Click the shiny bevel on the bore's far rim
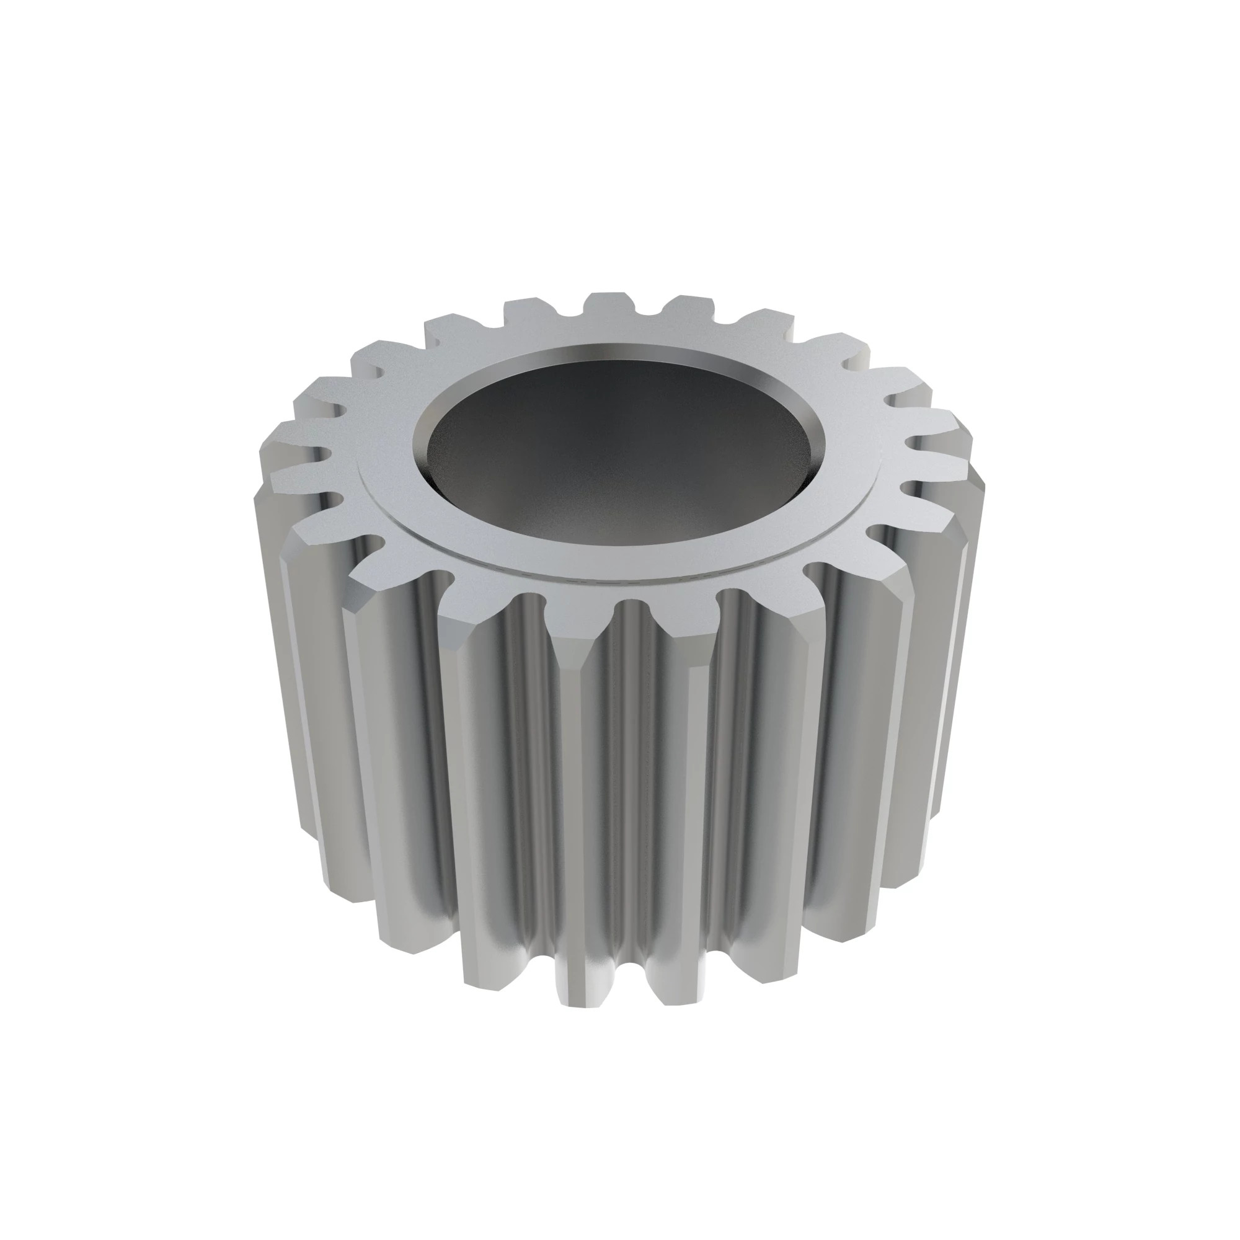(x=616, y=353)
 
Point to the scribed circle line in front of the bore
(x=616, y=578)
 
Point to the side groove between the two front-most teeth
(x=632, y=770)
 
